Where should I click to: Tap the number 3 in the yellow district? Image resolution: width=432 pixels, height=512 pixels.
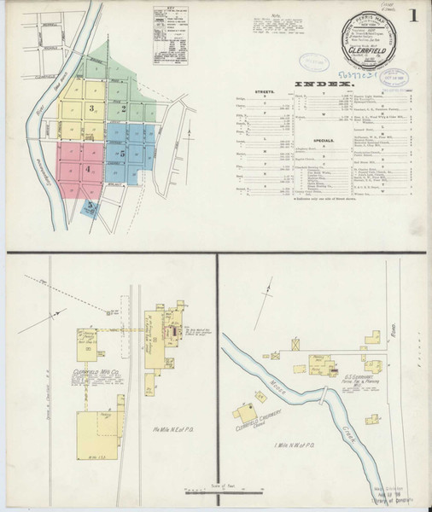(90, 109)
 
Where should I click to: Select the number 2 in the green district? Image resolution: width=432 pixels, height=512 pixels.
(125, 109)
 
